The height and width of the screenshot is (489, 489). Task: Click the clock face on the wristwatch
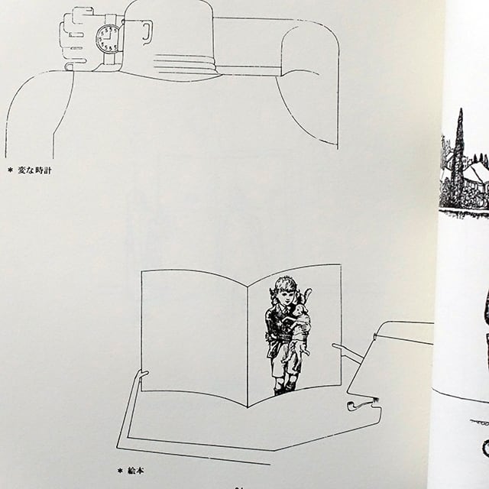click(x=107, y=37)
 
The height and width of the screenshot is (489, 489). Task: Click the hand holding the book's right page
click(x=344, y=352)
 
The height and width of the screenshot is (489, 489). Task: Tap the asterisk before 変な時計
click(x=11, y=170)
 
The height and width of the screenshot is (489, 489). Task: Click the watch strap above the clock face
click(x=111, y=18)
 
